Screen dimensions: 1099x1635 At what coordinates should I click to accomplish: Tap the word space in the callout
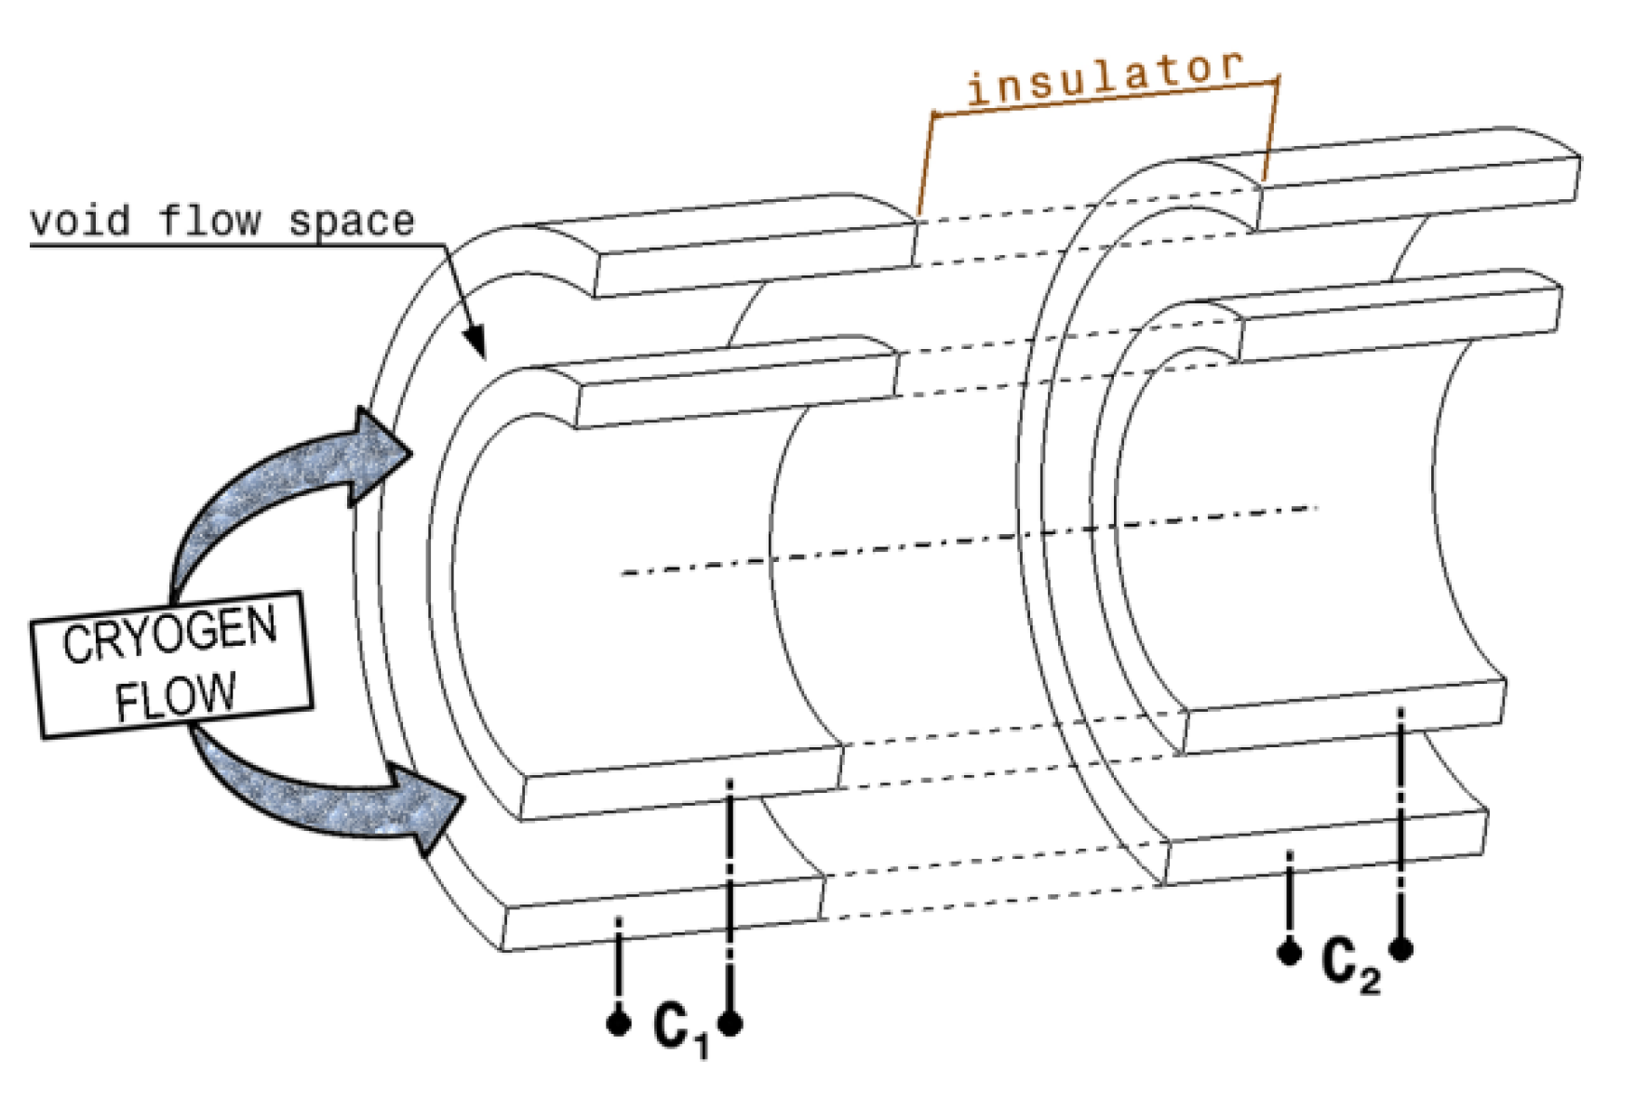351,221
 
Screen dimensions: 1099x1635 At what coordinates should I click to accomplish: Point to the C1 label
679,1028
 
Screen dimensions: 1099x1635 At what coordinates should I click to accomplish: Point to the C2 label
1349,965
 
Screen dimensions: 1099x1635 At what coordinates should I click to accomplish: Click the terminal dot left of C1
618,1024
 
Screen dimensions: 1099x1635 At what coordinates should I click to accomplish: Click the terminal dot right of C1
730,1024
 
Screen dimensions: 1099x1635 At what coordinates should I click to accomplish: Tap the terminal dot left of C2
1289,952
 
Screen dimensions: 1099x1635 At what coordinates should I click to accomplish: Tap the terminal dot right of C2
1401,949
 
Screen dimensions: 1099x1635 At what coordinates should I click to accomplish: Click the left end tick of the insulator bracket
933,115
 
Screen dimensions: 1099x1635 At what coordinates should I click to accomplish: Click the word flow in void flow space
209,221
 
